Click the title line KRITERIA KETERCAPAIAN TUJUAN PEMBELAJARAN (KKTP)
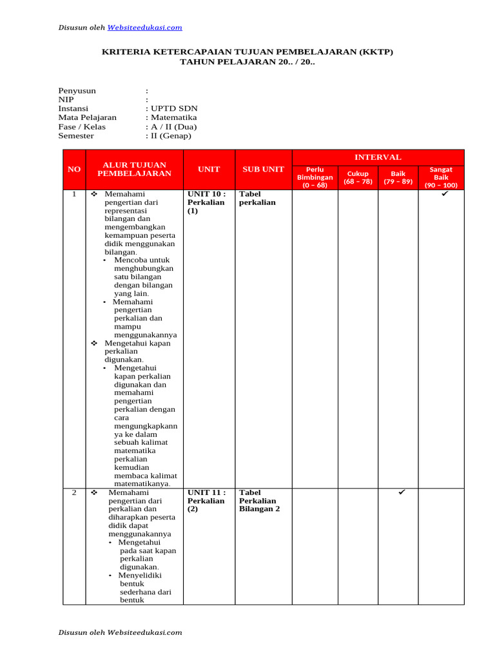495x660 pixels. pos(247,52)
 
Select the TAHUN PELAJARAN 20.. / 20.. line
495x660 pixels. pos(247,62)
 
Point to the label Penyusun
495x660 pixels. pos(77,91)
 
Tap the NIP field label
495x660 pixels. pos(66,100)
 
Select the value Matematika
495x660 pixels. pos(173,118)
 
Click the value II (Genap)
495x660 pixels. pos(170,136)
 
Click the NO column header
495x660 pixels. pos(74,169)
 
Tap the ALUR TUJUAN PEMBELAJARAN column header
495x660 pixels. pos(134,169)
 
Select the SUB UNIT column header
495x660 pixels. pos(263,169)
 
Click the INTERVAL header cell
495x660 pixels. pos(378,157)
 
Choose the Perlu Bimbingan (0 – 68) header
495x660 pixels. pos(315,177)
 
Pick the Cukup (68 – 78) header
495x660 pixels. pos(358,177)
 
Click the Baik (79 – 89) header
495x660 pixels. pos(398,177)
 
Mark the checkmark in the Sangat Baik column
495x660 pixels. pos(445,193)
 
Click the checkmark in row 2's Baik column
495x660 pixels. pos(401,492)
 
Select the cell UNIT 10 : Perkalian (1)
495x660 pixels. pos(206,202)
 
